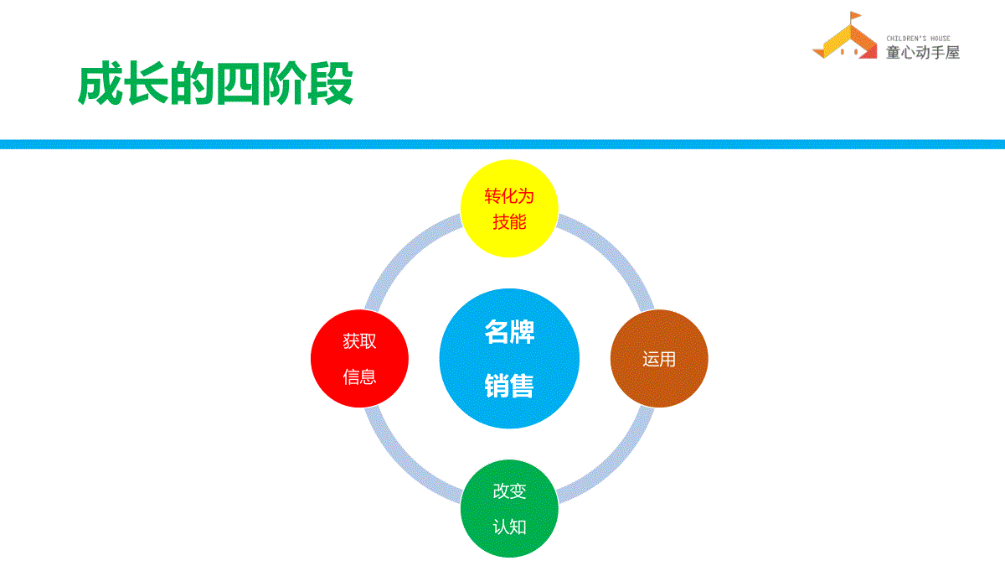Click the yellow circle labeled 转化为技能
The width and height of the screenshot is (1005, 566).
click(509, 209)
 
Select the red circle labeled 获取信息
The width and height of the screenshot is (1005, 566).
click(359, 359)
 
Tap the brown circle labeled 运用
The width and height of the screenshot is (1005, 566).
click(659, 359)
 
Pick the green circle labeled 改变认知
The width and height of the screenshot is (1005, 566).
click(509, 508)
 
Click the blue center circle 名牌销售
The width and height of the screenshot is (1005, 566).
click(509, 359)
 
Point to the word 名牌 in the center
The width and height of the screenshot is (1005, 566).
click(509, 332)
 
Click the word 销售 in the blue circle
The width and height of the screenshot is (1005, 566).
click(509, 386)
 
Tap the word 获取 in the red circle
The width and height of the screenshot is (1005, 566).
click(359, 341)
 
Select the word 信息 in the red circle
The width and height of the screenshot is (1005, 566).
click(359, 376)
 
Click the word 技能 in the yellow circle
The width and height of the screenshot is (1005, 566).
click(509, 222)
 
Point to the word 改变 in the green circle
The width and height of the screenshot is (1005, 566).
click(509, 491)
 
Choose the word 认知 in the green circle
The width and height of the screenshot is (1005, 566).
click(509, 527)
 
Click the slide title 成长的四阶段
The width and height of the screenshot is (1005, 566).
click(215, 84)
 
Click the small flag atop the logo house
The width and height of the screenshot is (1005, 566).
click(855, 17)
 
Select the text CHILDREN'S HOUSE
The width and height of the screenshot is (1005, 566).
click(918, 39)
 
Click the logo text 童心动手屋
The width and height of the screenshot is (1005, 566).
click(922, 53)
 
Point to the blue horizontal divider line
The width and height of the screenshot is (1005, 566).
click(502, 144)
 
